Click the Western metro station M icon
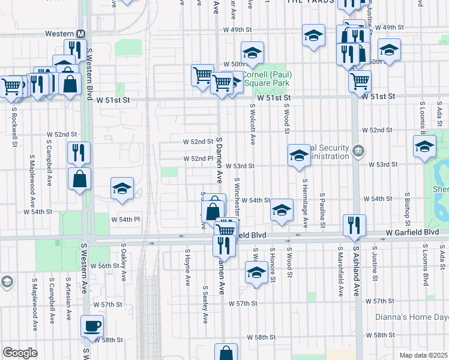79,34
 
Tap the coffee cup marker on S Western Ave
92,326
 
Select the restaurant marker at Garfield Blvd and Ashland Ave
354,225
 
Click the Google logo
20,353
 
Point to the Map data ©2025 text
423,355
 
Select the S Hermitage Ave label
305,203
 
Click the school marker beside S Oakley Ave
122,188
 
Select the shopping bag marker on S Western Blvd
79,178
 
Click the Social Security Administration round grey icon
358,150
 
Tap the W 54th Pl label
125,220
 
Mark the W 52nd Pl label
199,158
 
